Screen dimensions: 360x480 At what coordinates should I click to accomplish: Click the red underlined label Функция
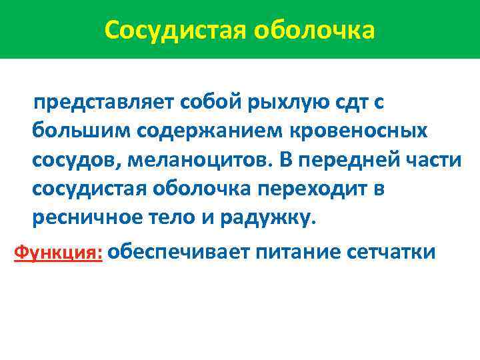pos(58,253)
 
